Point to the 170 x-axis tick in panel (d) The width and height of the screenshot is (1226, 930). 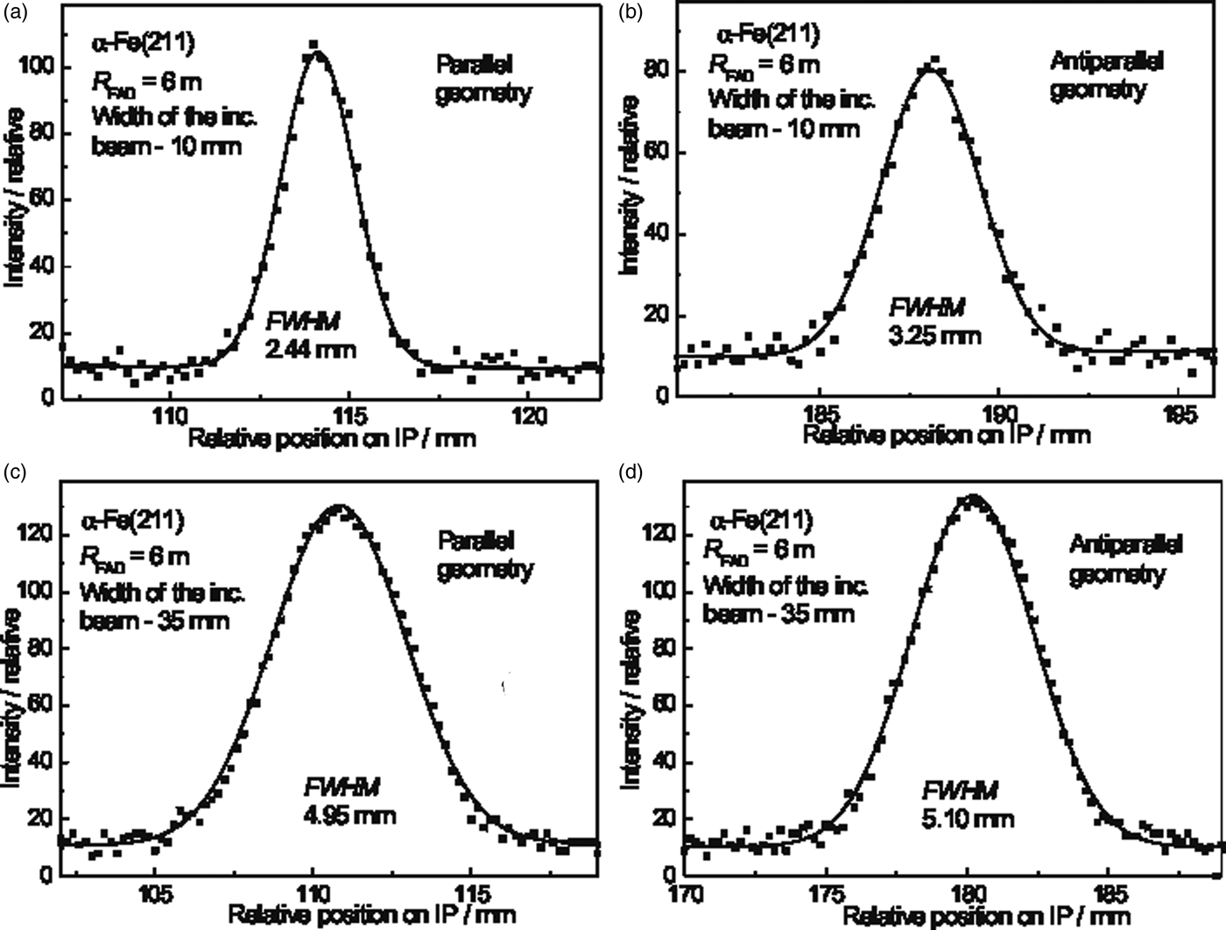click(x=686, y=894)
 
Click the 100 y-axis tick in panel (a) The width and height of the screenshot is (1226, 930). click(x=39, y=67)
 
